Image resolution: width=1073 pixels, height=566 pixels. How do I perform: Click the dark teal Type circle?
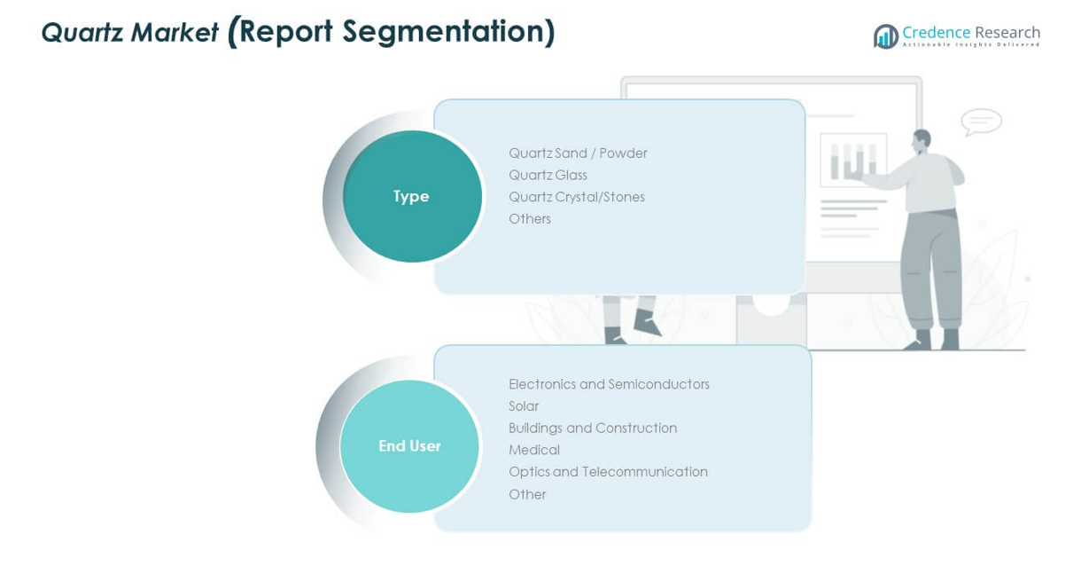point(412,196)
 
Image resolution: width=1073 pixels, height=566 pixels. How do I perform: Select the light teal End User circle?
point(409,445)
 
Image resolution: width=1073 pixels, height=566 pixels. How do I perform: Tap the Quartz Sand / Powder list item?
point(578,153)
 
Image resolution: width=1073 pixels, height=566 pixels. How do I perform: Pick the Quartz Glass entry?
point(548,176)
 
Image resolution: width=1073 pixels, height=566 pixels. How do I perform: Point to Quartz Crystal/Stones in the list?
point(576,197)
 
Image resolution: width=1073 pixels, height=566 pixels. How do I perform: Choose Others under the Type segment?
point(529,219)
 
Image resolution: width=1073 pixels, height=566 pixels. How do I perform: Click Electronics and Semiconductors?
point(609,384)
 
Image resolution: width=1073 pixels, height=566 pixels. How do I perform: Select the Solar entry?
point(523,406)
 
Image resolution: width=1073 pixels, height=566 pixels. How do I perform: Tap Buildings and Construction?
point(592,428)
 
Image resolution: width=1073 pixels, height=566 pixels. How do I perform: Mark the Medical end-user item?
point(533,450)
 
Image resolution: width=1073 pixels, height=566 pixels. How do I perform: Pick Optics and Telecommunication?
point(608,472)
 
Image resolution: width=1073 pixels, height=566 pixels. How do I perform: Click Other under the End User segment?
point(526,494)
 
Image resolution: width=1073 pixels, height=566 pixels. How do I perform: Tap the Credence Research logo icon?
point(885,36)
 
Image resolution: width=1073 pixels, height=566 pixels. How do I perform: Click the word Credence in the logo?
point(936,33)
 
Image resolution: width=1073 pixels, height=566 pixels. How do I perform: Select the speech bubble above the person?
point(981,122)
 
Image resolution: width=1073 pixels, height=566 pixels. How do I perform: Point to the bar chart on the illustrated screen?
point(853,160)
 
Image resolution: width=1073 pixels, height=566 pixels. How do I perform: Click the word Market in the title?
point(175,33)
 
